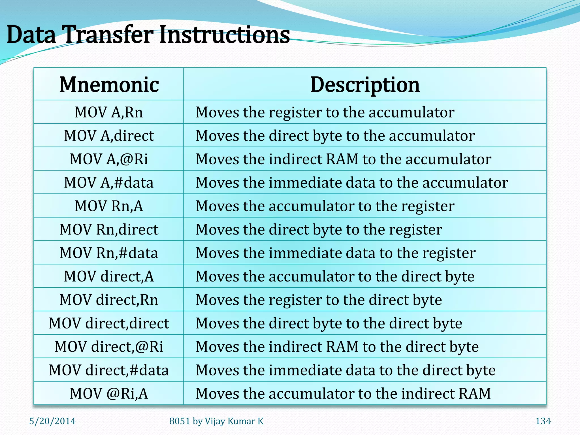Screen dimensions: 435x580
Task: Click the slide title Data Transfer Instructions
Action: [x=148, y=35]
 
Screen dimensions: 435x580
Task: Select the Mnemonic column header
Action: [x=109, y=84]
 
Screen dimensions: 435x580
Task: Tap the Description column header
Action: [x=365, y=84]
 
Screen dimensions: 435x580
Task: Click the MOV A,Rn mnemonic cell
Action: [x=109, y=112]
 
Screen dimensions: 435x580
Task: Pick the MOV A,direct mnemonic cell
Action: [x=109, y=136]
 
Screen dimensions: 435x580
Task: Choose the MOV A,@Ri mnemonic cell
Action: [x=109, y=159]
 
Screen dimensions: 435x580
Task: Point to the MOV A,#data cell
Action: [x=109, y=182]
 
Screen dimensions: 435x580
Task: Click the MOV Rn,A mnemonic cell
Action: [x=109, y=206]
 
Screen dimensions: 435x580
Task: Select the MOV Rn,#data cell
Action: [x=109, y=253]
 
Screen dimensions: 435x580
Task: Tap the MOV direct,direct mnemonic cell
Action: [x=109, y=323]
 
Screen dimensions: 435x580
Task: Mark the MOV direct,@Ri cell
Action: [x=109, y=347]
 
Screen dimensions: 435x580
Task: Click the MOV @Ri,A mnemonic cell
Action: [x=109, y=393]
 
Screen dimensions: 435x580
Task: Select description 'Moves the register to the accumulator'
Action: [x=325, y=112]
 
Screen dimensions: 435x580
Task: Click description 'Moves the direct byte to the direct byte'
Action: [x=329, y=323]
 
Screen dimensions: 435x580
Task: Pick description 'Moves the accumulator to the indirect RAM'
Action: [x=343, y=393]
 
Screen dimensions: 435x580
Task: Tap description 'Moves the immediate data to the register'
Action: [x=336, y=253]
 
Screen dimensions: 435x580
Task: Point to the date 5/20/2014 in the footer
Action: [x=52, y=421]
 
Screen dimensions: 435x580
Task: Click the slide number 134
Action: [x=543, y=421]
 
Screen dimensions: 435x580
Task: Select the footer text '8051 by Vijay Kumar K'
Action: [x=216, y=421]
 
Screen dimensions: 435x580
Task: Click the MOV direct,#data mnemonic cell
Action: [x=109, y=370]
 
